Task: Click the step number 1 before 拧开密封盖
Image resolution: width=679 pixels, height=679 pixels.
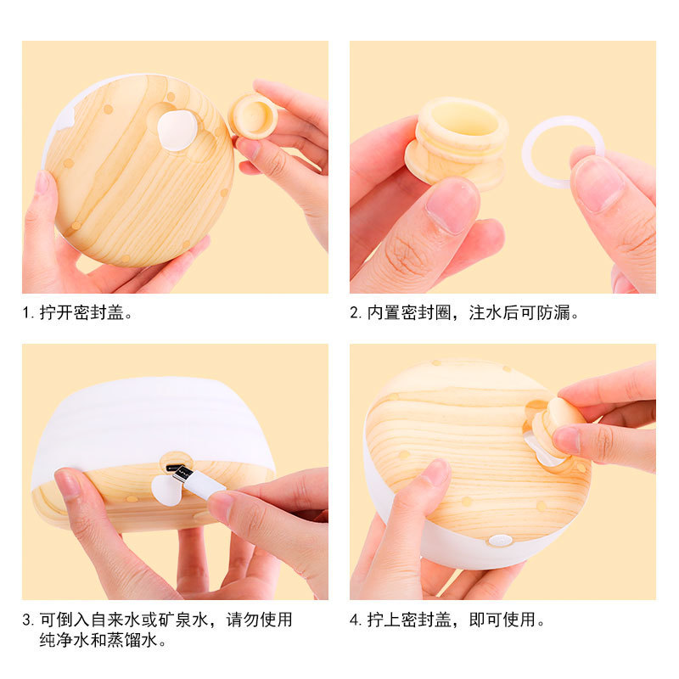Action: point(27,312)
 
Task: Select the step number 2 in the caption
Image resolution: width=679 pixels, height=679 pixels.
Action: point(355,312)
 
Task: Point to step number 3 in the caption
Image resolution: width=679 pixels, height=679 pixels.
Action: point(27,620)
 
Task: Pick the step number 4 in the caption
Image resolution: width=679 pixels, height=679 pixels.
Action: point(355,620)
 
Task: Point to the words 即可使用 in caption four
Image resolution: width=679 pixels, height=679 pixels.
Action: point(502,620)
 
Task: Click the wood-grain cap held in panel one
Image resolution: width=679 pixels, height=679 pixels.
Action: point(253,115)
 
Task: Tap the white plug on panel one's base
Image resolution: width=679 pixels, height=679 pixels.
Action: point(177,131)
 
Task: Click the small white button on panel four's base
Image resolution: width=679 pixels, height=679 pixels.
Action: point(501,540)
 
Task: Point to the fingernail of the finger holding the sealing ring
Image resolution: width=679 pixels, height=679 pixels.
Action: point(598,183)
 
